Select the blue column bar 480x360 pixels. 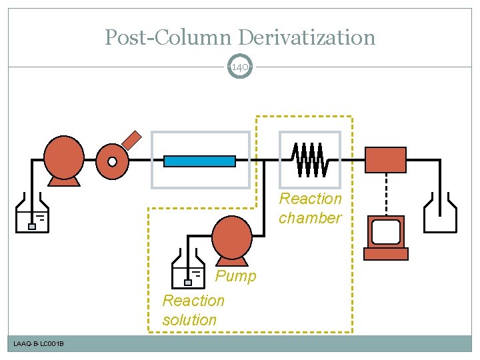click(199, 161)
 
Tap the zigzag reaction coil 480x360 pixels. click(310, 160)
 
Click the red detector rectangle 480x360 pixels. click(386, 160)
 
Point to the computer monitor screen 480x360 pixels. click(386, 231)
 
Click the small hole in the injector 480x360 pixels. click(112, 161)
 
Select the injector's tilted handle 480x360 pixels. click(133, 139)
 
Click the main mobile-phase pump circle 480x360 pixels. click(64, 157)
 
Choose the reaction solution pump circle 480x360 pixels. click(231, 236)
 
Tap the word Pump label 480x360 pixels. click(235, 276)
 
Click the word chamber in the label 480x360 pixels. click(309, 218)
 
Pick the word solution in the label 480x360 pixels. click(189, 320)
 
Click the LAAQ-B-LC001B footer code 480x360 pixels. click(39, 343)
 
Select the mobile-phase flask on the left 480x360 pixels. click(32, 215)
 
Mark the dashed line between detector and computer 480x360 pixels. click(387, 193)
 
